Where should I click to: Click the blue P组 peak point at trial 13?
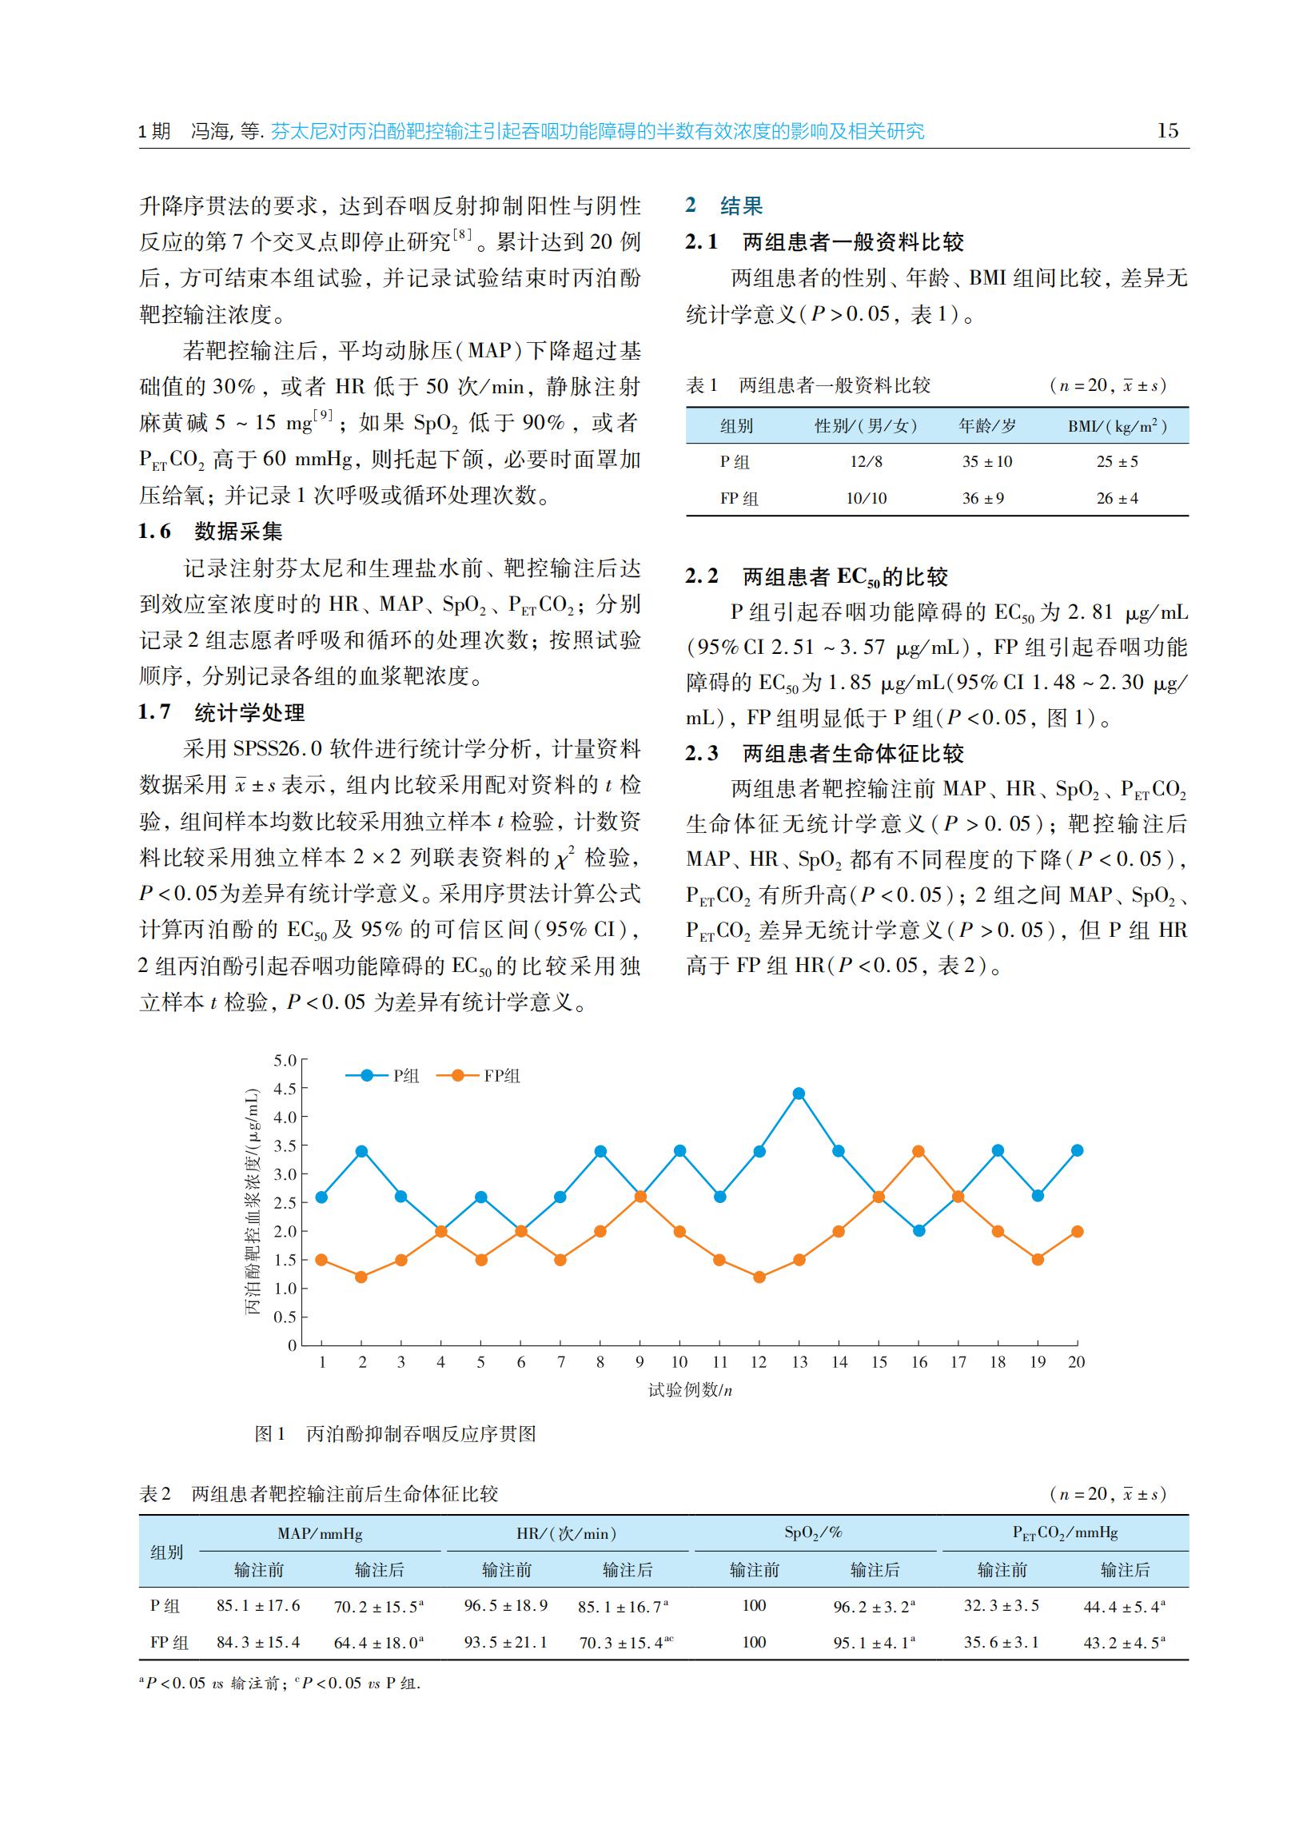(x=799, y=1094)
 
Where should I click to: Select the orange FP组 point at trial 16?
(x=918, y=1151)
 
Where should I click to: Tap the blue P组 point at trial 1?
(x=321, y=1197)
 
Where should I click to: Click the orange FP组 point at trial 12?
(x=759, y=1277)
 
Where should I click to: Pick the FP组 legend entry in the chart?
(x=479, y=1076)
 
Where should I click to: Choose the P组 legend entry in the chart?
(x=383, y=1076)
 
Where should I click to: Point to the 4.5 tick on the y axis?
(x=285, y=1089)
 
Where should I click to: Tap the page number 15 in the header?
(x=1167, y=131)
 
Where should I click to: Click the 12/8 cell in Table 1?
(x=866, y=461)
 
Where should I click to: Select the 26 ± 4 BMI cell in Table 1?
(x=1117, y=498)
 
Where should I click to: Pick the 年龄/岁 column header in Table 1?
(x=987, y=426)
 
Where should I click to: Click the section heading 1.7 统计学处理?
(x=222, y=712)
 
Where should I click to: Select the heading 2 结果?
(x=723, y=206)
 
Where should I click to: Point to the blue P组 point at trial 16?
(x=918, y=1230)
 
